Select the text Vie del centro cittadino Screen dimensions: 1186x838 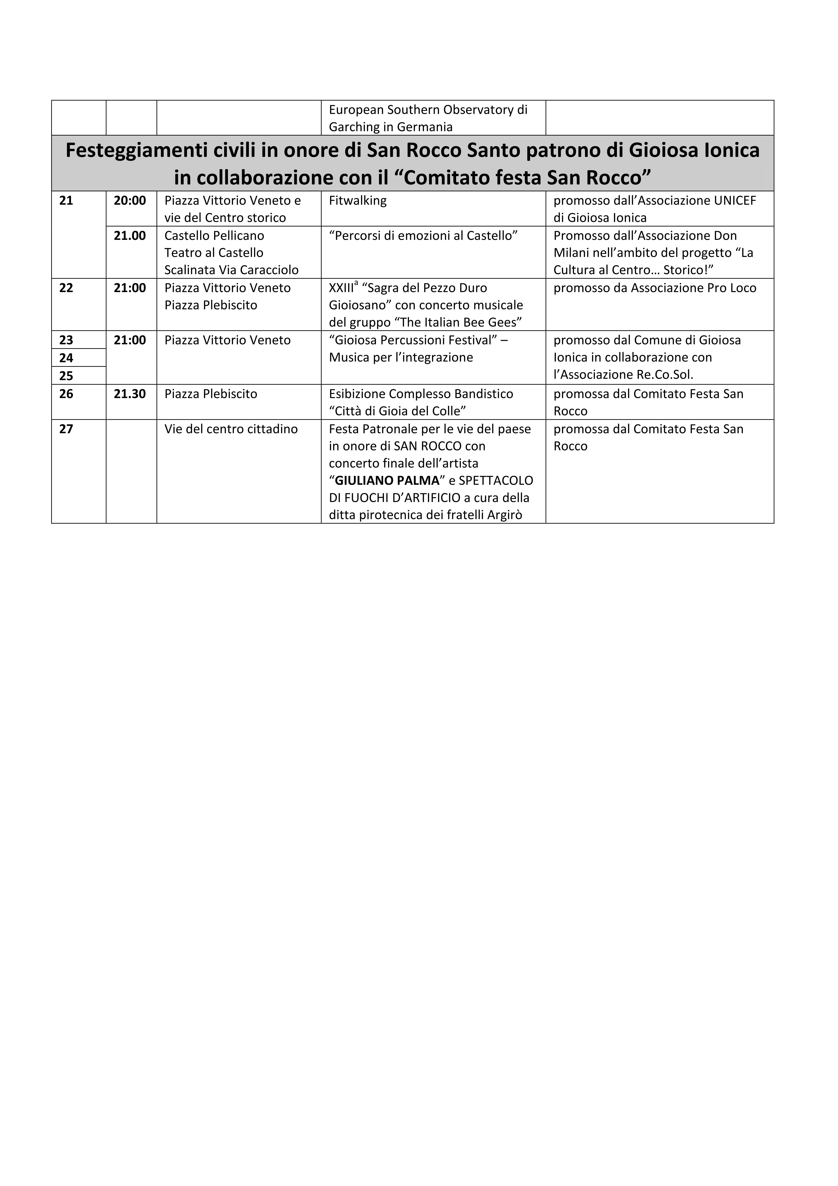click(x=231, y=429)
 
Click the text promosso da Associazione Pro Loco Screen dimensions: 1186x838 click(x=655, y=288)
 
